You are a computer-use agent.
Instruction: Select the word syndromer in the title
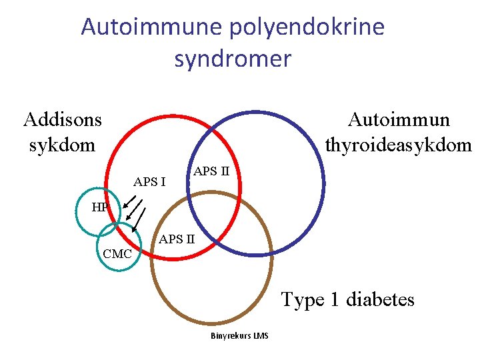[x=233, y=59]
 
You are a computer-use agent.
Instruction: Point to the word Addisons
[x=63, y=119]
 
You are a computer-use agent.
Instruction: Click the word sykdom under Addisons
[x=63, y=144]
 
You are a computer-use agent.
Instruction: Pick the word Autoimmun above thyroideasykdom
[x=399, y=119]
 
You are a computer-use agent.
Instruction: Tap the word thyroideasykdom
[x=399, y=144]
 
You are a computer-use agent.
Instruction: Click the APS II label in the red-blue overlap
[x=211, y=171]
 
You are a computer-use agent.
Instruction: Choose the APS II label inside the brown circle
[x=177, y=238]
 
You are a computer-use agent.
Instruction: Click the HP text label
[x=100, y=207]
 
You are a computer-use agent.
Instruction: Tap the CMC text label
[x=118, y=254]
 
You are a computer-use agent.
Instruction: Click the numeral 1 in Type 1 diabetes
[x=336, y=299]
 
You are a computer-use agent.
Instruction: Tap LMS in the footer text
[x=261, y=335]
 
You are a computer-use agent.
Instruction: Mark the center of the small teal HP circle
[x=98, y=214]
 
